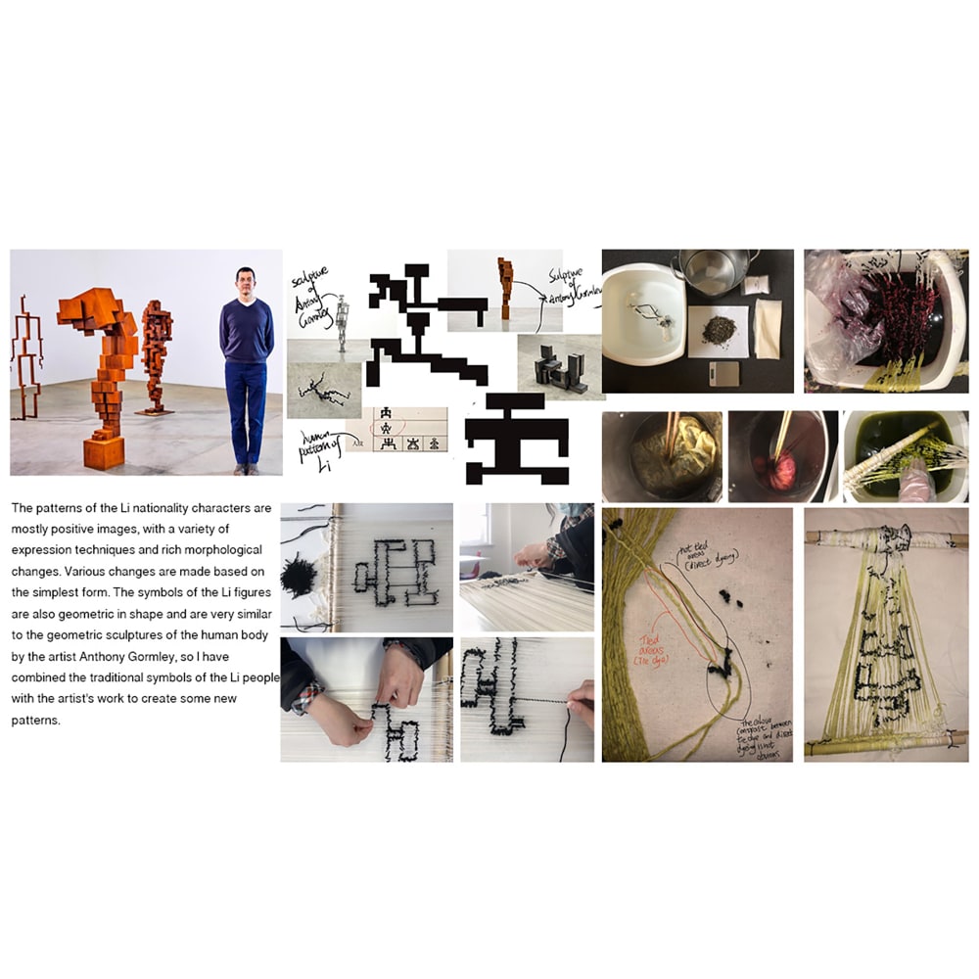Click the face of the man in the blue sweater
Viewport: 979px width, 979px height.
point(246,285)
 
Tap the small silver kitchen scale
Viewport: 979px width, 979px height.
point(725,373)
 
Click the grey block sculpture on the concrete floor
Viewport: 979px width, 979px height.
point(559,372)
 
